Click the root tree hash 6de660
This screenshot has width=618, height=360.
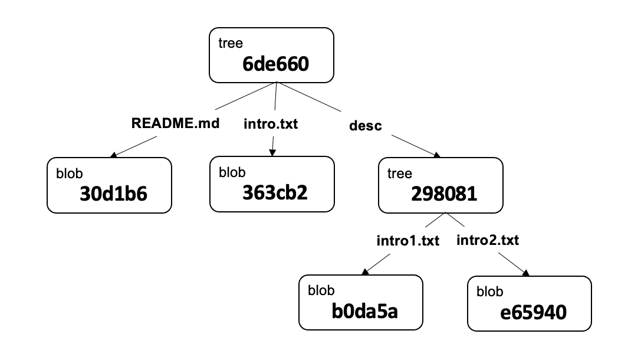(x=275, y=64)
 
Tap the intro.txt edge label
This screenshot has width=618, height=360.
(x=271, y=125)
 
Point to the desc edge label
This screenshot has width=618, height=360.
(x=366, y=126)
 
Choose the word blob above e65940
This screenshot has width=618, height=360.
(x=490, y=292)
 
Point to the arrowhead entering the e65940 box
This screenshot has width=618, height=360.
(x=525, y=273)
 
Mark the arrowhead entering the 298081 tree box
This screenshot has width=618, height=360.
(x=437, y=156)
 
